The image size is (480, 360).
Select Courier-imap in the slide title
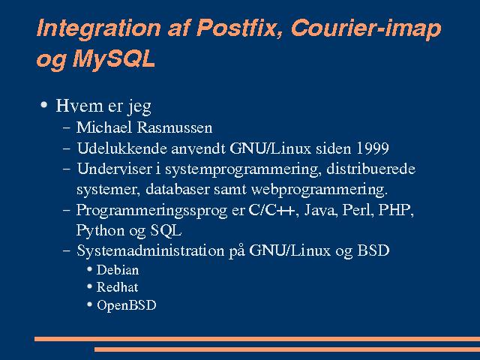[366, 29]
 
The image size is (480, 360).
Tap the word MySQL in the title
[114, 58]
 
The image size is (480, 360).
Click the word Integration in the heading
[98, 29]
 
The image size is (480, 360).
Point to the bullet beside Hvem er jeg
[44, 105]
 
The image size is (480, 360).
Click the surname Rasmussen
[175, 127]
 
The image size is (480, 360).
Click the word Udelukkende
[122, 148]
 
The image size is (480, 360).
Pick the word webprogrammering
[319, 190]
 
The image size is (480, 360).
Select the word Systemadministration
[150, 250]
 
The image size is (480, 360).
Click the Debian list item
[118, 270]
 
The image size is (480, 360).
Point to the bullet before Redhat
[89, 286]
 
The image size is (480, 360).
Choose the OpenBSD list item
[127, 305]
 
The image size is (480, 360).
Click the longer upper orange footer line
[257, 339]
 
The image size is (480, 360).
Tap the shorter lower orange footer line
[287, 349]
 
